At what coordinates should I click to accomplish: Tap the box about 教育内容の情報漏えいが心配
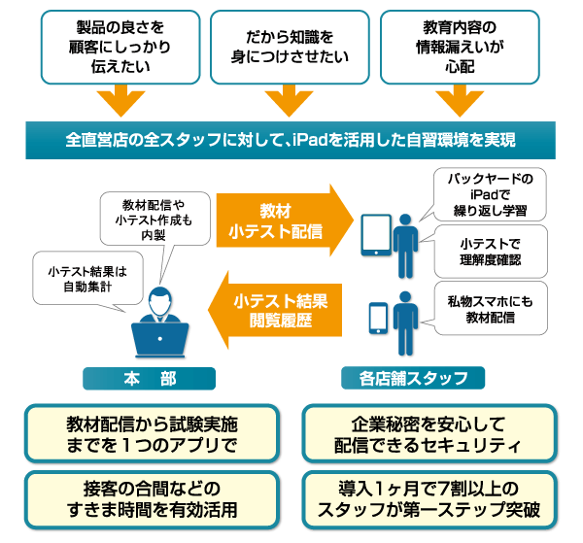tap(461, 46)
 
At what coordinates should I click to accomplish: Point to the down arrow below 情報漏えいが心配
tap(461, 101)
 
